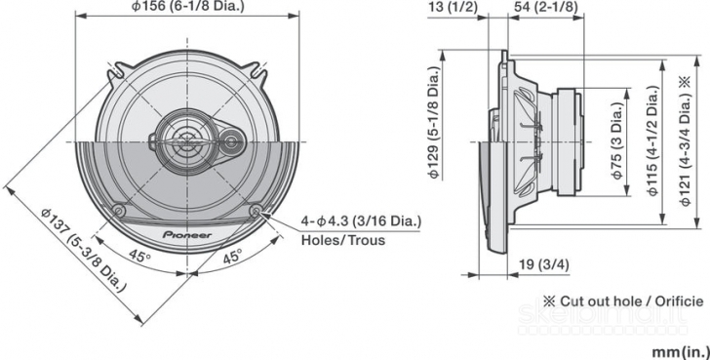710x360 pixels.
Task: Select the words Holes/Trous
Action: coord(342,239)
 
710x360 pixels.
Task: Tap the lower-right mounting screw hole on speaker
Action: coord(256,211)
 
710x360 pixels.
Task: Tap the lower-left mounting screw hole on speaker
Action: coord(118,211)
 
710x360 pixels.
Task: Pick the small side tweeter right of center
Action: coord(230,142)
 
